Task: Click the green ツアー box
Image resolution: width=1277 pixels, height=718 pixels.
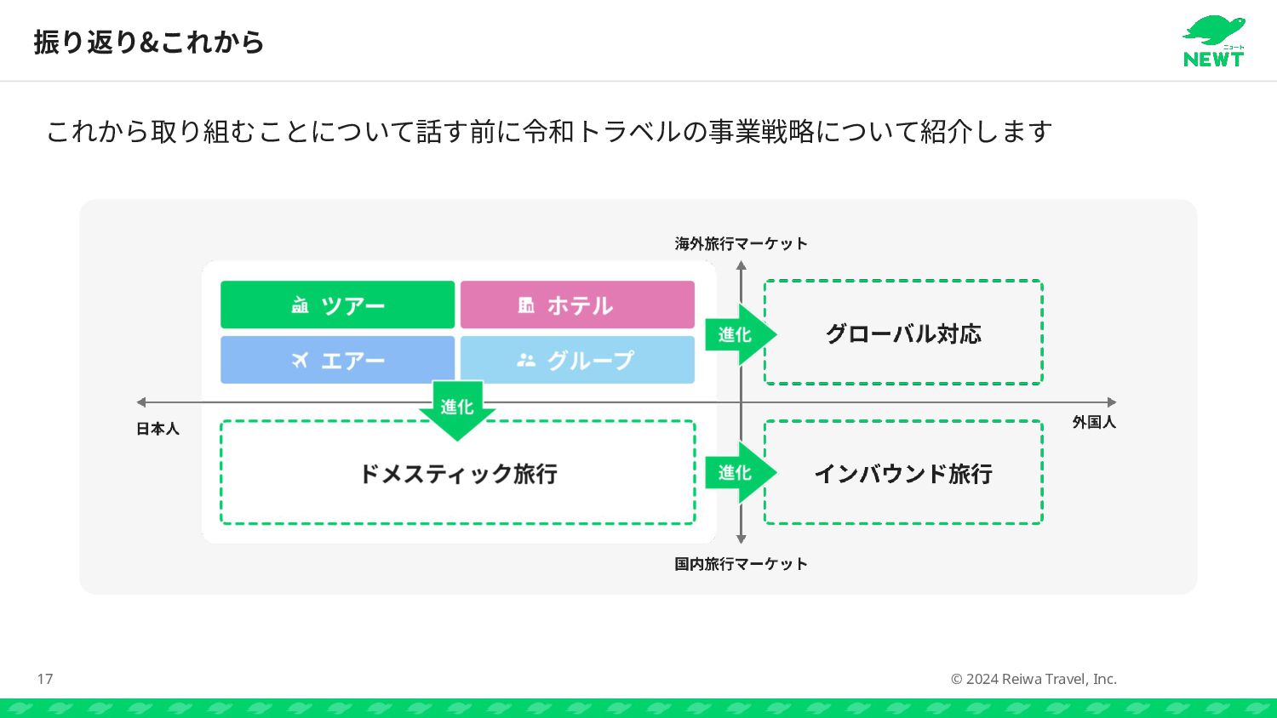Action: (337, 305)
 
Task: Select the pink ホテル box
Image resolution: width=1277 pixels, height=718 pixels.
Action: (577, 305)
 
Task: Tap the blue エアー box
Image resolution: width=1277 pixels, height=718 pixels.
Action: (337, 360)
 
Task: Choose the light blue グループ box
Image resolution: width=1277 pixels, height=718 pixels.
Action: (577, 360)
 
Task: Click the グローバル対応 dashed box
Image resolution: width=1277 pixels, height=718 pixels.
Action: (903, 333)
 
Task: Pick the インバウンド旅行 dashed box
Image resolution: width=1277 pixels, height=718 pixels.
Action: (903, 473)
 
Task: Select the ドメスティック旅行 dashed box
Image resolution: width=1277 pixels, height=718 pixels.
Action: (458, 473)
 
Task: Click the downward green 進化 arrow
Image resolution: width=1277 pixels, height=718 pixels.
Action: (457, 409)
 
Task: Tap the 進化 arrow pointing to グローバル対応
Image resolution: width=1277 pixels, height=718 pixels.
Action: (737, 334)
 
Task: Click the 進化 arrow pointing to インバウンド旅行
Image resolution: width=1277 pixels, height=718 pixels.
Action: (737, 472)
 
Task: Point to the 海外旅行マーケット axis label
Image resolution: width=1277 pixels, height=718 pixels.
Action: (741, 244)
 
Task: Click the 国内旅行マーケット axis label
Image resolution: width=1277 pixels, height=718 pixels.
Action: (741, 564)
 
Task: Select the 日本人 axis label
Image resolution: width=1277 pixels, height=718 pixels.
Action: (157, 429)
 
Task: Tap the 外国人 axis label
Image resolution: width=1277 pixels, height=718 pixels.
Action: (1094, 422)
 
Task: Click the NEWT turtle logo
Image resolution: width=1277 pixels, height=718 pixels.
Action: (1214, 41)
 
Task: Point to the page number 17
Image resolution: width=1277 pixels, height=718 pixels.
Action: (45, 679)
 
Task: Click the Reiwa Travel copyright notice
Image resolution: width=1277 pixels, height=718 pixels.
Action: (1034, 679)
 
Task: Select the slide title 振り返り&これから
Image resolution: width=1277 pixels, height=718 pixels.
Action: (149, 42)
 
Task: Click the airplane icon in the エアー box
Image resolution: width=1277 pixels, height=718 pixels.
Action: (300, 361)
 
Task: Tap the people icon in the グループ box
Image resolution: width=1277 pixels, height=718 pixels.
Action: (526, 361)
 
